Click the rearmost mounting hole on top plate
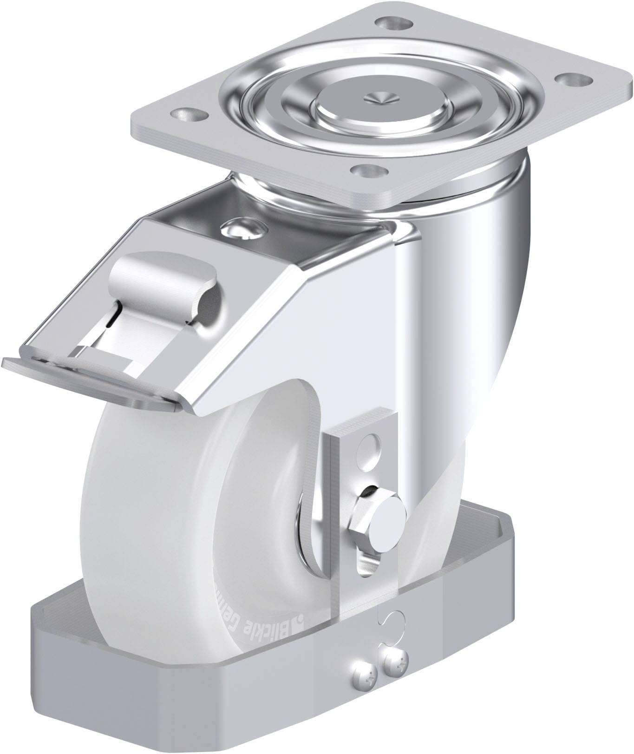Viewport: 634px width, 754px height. (x=390, y=22)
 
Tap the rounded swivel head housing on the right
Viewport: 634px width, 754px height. (x=488, y=279)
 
